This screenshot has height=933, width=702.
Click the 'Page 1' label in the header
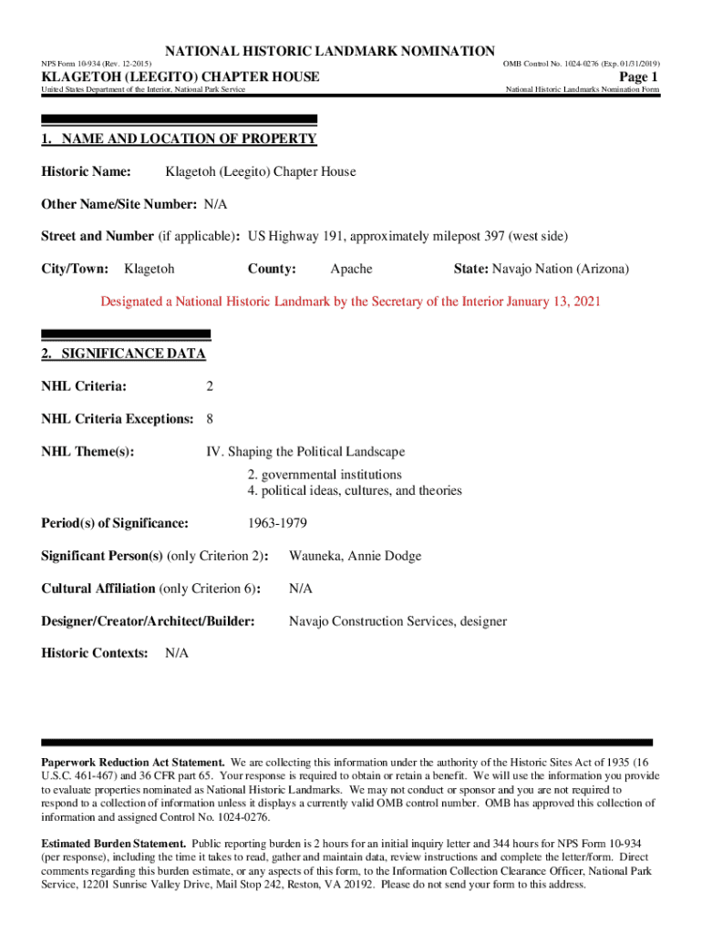637,77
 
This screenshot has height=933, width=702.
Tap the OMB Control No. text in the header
581,64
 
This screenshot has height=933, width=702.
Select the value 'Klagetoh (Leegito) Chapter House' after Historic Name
260,172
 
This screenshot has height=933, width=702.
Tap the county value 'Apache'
351,270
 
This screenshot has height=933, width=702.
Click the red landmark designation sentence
350,302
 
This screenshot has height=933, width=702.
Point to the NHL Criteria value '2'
210,387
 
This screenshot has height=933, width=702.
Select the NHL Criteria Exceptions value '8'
210,420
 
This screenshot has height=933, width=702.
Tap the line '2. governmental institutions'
324,475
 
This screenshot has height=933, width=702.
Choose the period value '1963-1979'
277,524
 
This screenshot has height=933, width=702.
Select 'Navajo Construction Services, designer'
397,622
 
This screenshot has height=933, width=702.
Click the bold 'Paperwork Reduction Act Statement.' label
133,762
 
